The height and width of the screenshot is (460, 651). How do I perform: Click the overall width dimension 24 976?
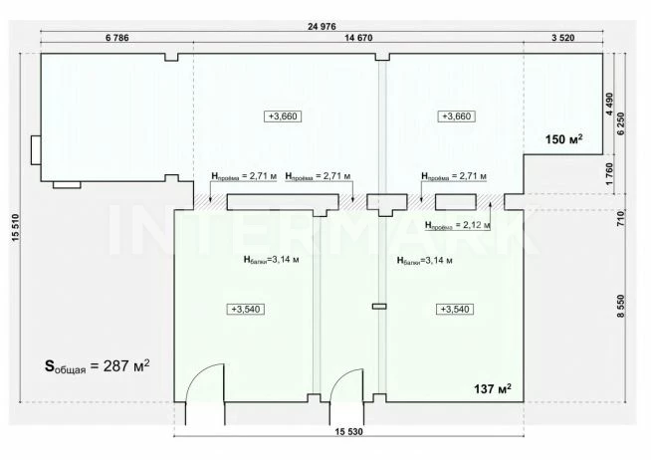pyautogui.click(x=322, y=27)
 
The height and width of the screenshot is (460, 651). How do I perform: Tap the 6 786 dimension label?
pyautogui.click(x=117, y=38)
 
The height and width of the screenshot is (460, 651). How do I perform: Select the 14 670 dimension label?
pyautogui.click(x=358, y=38)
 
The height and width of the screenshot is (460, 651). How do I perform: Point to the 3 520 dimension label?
pyautogui.click(x=563, y=38)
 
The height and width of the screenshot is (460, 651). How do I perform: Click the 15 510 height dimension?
pyautogui.click(x=15, y=227)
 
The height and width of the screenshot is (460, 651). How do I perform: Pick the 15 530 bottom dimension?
pyautogui.click(x=348, y=432)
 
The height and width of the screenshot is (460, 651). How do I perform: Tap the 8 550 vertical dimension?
pyautogui.click(x=621, y=306)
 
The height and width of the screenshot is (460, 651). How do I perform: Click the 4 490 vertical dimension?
pyautogui.click(x=609, y=104)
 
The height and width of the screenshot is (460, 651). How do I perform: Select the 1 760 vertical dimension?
pyautogui.click(x=609, y=174)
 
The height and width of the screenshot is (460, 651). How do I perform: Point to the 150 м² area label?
pyautogui.click(x=563, y=139)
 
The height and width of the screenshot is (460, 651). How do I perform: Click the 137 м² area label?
pyautogui.click(x=493, y=389)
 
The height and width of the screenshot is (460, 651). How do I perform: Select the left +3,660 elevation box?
pyautogui.click(x=283, y=116)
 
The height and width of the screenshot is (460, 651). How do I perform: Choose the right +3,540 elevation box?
pyautogui.click(x=455, y=310)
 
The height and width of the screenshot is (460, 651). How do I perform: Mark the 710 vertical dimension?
pyautogui.click(x=621, y=218)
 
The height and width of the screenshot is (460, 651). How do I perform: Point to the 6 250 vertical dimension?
pyautogui.click(x=621, y=123)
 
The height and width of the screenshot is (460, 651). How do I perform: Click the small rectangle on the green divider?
pyautogui.click(x=379, y=307)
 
